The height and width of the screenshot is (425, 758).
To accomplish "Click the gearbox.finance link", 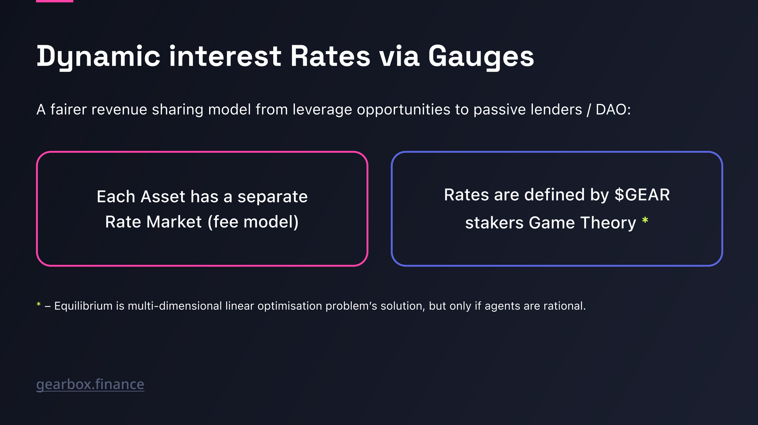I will coord(90,384).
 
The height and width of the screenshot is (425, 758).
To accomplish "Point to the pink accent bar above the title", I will coord(55,1).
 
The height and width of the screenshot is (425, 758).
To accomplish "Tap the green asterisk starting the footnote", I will coord(39,305).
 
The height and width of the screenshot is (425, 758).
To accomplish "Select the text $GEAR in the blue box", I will coord(642,195).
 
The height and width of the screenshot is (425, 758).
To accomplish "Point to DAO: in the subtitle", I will coord(613,110).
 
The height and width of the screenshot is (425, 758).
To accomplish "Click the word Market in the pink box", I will coord(174,222).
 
